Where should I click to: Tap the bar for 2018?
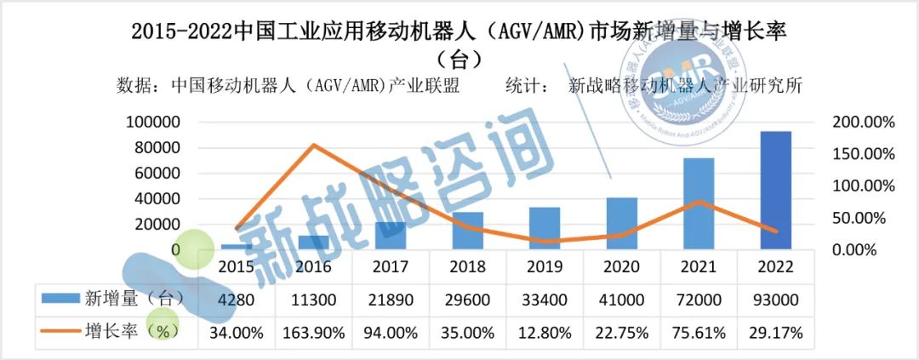[x=467, y=231]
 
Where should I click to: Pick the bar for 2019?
[x=545, y=228]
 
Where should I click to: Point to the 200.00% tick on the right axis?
[x=862, y=123]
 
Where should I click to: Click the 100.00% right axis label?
[x=862, y=186]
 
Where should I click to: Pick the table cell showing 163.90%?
[x=312, y=333]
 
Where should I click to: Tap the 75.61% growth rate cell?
[x=699, y=333]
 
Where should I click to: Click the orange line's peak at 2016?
[x=313, y=145]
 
